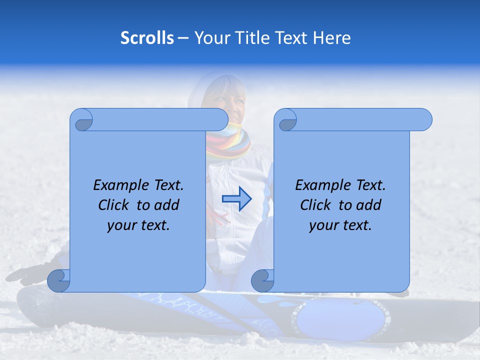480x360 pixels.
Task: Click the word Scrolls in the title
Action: [x=147, y=38]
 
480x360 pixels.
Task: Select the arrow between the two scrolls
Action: [x=237, y=199]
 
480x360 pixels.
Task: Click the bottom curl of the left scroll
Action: [x=58, y=281]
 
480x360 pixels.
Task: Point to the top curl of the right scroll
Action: [x=286, y=120]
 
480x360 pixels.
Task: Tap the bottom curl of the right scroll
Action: [x=262, y=281]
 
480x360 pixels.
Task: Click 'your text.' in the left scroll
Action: [x=138, y=225]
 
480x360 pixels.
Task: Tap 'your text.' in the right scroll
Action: [x=340, y=225]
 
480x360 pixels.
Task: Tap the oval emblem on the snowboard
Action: [x=341, y=317]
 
